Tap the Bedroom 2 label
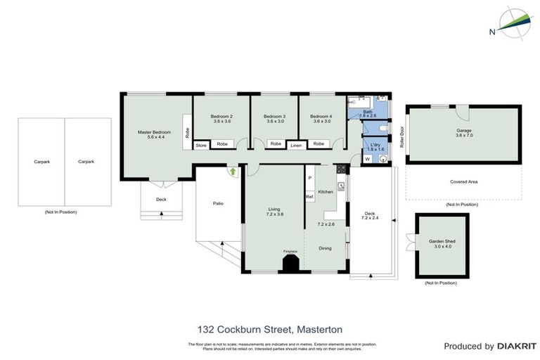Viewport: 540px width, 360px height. [222, 116]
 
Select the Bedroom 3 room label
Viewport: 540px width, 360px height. [274, 116]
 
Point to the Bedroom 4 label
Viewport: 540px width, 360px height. [321, 116]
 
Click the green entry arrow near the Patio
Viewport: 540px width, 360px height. [231, 170]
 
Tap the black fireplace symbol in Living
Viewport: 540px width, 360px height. [290, 263]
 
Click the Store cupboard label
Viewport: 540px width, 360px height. [201, 145]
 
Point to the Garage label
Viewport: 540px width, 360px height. [463, 130]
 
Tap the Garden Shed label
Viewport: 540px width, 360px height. [442, 241]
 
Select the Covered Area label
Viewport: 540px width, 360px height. [463, 181]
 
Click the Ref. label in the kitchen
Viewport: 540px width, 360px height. [309, 197]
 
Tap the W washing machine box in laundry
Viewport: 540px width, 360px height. [367, 159]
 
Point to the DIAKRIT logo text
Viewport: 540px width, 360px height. [517, 346]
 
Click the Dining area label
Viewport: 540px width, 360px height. [325, 248]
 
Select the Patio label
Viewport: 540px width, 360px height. [218, 203]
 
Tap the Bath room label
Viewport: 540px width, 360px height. [368, 112]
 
